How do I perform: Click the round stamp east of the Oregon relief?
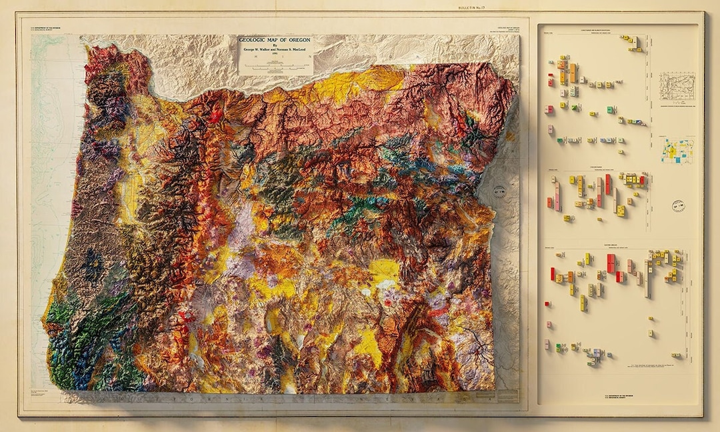(497, 193)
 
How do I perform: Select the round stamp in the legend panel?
(679, 205)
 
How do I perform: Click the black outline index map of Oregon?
(676, 86)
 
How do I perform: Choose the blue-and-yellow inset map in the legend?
(677, 149)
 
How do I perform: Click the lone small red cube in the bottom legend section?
(547, 304)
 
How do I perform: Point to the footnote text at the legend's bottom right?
(657, 366)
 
